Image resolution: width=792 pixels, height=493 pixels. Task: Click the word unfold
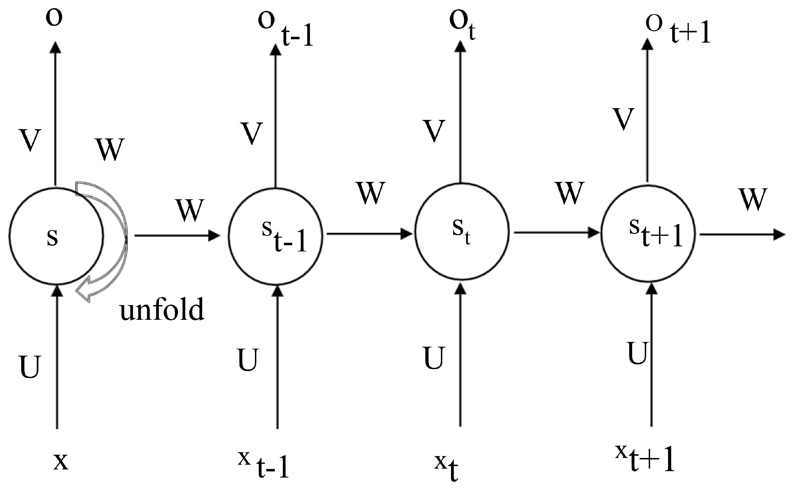tap(162, 309)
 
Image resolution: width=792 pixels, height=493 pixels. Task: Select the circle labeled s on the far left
tap(56, 236)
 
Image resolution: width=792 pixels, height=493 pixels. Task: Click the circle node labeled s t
tap(462, 232)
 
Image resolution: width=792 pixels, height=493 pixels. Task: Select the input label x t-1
tap(264, 465)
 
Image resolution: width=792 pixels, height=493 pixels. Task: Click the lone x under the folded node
tap(61, 461)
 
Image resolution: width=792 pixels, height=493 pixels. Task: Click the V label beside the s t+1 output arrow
tap(624, 119)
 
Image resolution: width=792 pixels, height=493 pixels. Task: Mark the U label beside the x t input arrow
tap(434, 358)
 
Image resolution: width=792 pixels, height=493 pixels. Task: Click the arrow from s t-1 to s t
tap(369, 234)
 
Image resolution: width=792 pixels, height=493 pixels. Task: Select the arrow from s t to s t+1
tap(556, 232)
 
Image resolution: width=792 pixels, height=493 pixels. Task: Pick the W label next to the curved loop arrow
tap(110, 149)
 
